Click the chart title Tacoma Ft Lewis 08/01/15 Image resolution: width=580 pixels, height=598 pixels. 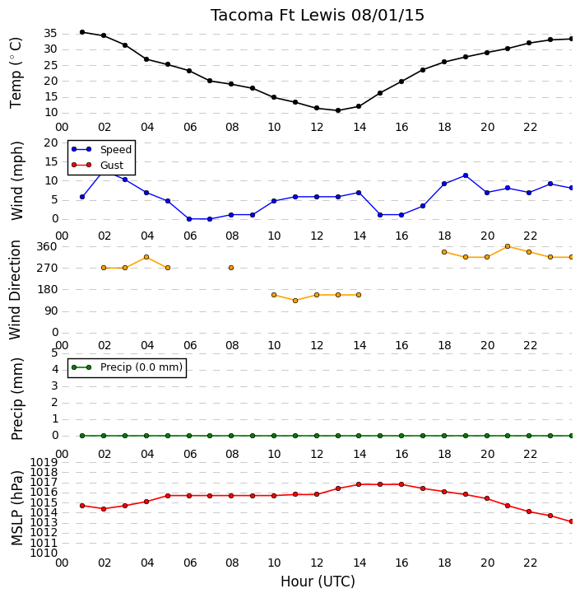point(318,16)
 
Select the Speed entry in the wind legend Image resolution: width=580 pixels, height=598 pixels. point(116,150)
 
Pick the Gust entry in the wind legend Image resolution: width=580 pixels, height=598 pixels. point(112,165)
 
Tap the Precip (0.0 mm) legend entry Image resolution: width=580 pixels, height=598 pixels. point(142,367)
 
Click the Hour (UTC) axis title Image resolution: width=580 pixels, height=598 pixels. point(318,582)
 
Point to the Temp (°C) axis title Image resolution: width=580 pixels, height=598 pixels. point(16,72)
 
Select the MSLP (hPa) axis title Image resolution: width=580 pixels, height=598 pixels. point(17,508)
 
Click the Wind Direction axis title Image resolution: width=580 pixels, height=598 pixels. point(15,290)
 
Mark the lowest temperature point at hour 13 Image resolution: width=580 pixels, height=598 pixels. point(338,110)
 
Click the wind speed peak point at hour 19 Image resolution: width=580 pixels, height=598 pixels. point(466,175)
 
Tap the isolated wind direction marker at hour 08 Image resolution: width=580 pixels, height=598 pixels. point(231,268)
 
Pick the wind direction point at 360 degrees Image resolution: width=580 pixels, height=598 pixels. point(508,246)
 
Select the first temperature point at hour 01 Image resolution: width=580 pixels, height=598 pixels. point(82,32)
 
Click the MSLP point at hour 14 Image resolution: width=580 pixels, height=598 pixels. point(359,484)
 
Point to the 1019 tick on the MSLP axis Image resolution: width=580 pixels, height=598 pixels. point(44,463)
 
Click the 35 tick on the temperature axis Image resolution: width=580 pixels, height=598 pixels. point(51,34)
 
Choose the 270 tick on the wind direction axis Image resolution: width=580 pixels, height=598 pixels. point(47,268)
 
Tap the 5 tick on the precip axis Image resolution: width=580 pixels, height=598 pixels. point(54,353)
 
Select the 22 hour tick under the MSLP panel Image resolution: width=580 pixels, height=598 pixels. point(530,563)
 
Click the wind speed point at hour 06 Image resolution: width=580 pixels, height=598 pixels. point(189,219)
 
